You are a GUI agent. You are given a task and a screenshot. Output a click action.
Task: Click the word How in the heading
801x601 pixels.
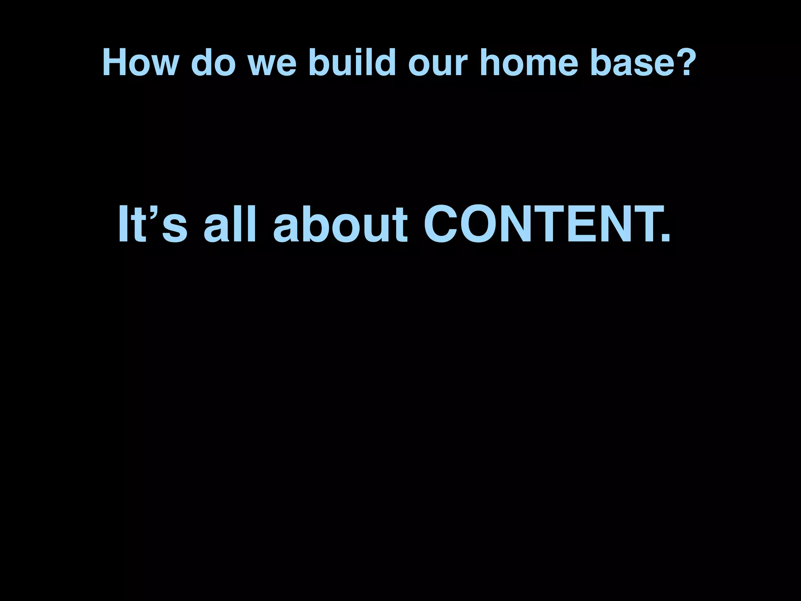(x=139, y=63)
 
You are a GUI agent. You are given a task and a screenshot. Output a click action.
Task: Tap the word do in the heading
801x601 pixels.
(x=213, y=63)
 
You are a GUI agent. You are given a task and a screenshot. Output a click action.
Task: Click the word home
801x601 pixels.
(x=528, y=63)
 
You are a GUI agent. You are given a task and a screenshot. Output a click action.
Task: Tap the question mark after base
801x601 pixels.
(x=683, y=63)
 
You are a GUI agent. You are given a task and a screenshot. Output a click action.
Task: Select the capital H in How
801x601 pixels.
(x=114, y=63)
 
